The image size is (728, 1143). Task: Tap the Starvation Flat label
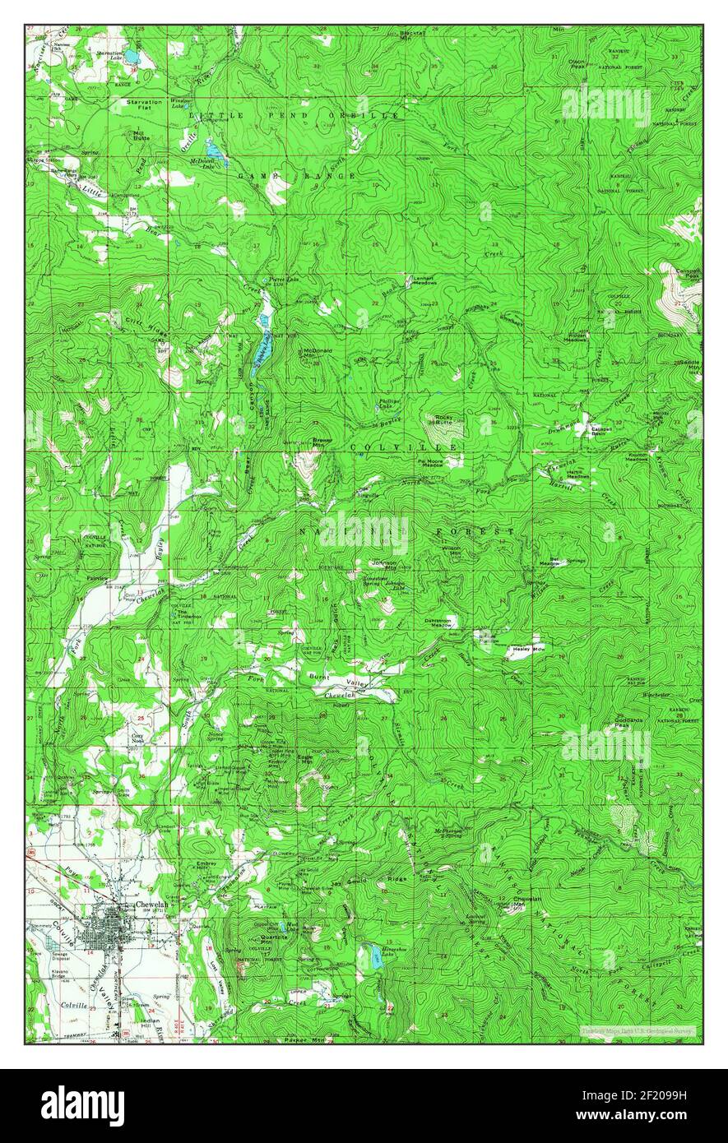click(144, 104)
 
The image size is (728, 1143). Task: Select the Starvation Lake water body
click(132, 59)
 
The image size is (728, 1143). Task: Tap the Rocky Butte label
click(444, 420)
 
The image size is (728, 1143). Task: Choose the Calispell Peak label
click(688, 275)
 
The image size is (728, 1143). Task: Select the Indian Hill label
click(150, 1024)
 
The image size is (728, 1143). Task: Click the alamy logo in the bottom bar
click(82, 1106)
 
